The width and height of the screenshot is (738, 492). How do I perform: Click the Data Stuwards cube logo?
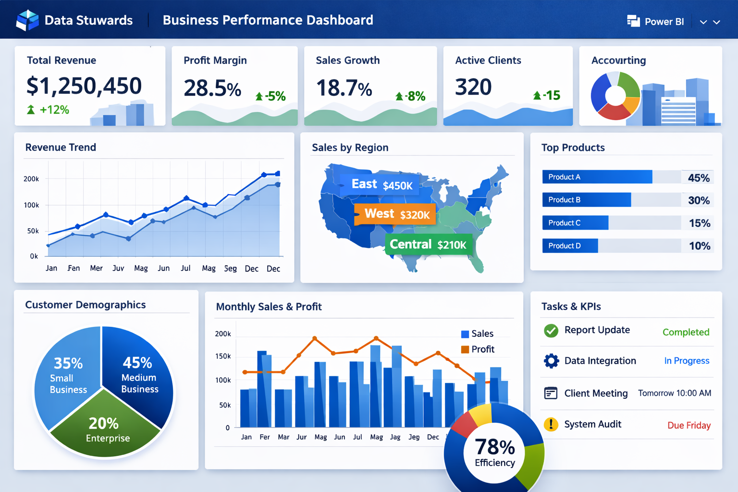[x=27, y=20]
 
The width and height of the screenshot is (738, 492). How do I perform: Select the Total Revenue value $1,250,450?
[x=84, y=86]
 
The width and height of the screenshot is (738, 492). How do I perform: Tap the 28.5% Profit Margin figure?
[x=212, y=88]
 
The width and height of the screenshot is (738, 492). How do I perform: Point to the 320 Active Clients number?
[x=473, y=87]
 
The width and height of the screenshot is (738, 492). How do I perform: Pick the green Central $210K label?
[x=428, y=245]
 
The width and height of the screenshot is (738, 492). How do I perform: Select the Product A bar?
[x=597, y=177]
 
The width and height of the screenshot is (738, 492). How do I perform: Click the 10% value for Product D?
[x=699, y=246]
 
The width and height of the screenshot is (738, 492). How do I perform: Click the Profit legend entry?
[x=478, y=349]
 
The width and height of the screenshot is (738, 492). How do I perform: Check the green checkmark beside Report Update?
[x=551, y=331]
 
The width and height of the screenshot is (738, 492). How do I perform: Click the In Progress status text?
[x=687, y=361]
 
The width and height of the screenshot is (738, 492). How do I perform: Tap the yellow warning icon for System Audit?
[x=551, y=424]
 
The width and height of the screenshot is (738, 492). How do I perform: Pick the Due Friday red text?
[x=689, y=425]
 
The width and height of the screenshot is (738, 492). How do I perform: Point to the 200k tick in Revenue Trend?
[x=31, y=179]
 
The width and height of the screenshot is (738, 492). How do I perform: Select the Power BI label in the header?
[x=664, y=22]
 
